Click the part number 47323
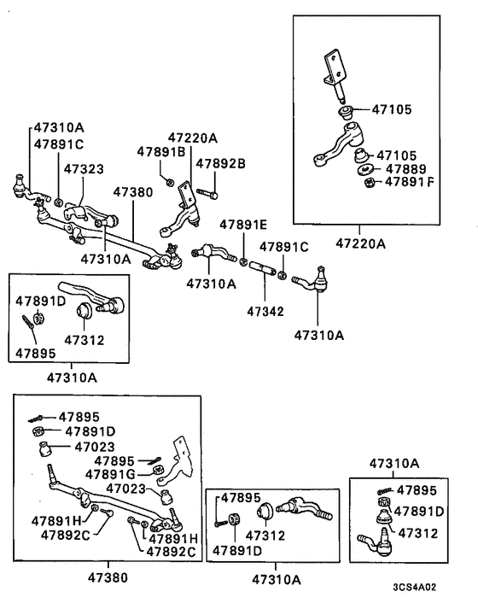(x=87, y=171)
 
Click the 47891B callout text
(x=160, y=151)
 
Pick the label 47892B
(x=220, y=162)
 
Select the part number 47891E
(x=243, y=225)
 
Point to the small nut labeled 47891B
(x=170, y=181)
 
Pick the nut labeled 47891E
(x=243, y=257)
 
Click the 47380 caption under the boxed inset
(x=108, y=578)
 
